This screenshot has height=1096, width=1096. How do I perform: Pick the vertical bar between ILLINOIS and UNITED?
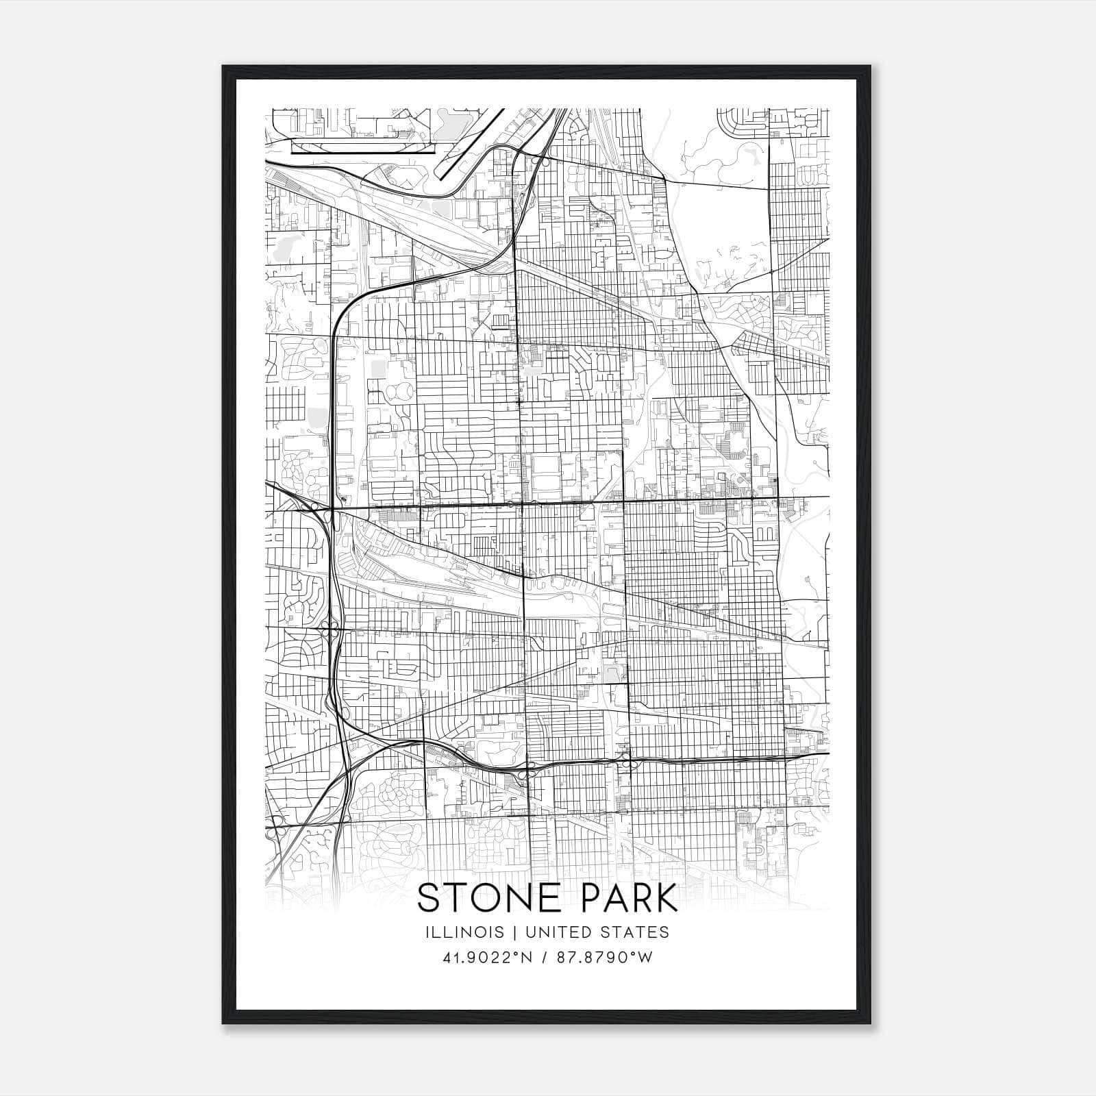504,932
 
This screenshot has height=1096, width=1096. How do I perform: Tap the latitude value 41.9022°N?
487,958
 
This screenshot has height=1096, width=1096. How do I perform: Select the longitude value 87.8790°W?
604,958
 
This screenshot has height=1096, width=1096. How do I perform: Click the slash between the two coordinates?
544,958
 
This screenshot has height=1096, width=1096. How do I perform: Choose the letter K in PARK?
664,897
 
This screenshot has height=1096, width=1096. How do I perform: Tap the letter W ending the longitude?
646,958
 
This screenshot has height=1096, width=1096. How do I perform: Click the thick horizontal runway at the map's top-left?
363,152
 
